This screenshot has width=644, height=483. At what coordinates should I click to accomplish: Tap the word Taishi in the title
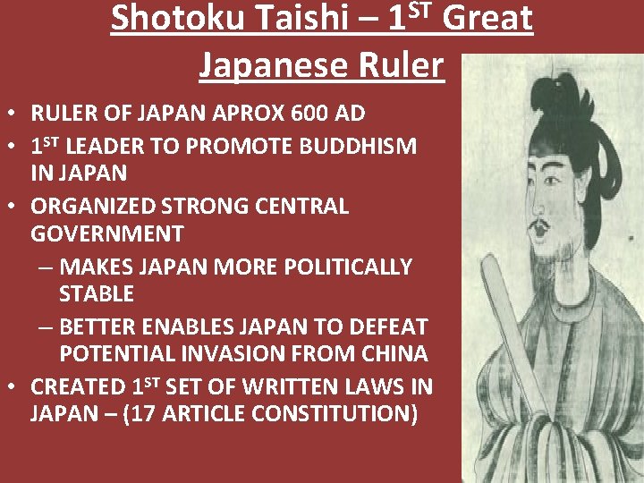[287, 19]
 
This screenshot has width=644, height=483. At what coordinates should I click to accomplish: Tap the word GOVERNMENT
[107, 234]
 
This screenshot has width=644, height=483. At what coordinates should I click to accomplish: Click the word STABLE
[97, 294]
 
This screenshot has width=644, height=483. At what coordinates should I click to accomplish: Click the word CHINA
[391, 354]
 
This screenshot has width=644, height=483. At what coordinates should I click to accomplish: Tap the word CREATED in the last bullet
[79, 386]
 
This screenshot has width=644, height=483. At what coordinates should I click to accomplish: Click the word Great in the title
[488, 19]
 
